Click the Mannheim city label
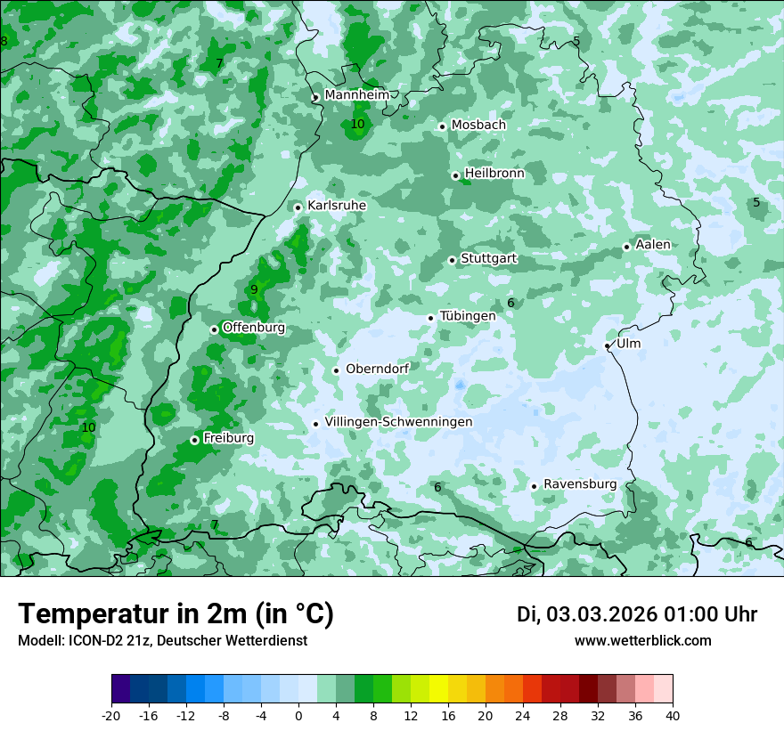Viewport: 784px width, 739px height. (x=356, y=95)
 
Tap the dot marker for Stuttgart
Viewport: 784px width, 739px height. (x=453, y=260)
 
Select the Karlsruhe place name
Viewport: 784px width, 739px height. (x=337, y=206)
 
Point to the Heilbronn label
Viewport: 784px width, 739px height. (x=494, y=174)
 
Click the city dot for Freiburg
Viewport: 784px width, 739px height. (x=194, y=440)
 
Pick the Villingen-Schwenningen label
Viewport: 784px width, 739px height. (x=398, y=422)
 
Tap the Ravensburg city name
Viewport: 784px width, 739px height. (x=580, y=484)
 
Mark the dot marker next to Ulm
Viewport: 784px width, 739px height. (x=608, y=345)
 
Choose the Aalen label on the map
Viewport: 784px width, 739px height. (x=653, y=245)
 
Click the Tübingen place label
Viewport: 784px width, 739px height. (x=468, y=316)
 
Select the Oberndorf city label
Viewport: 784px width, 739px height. (x=377, y=369)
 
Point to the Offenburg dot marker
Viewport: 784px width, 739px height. (x=215, y=329)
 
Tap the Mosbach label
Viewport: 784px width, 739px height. (x=478, y=125)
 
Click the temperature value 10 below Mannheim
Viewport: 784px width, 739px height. (x=357, y=124)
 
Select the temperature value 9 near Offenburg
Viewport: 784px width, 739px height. (x=254, y=289)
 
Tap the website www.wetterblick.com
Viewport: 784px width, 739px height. (x=643, y=641)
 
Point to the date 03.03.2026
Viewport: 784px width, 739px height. (x=601, y=614)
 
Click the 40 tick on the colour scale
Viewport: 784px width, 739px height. (x=673, y=715)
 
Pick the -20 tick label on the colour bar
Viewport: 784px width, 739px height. (x=111, y=715)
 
